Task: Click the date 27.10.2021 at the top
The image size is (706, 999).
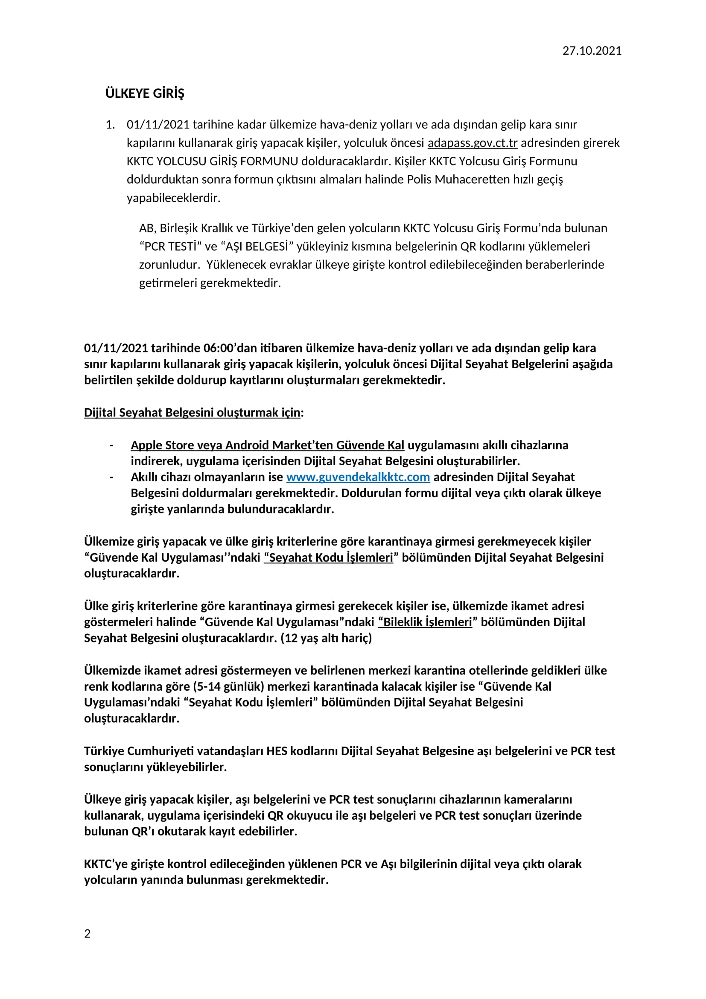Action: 592,51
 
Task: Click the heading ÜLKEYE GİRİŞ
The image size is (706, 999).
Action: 145,94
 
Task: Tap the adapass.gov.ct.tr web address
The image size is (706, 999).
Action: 473,143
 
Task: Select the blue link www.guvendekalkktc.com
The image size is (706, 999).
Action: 358,478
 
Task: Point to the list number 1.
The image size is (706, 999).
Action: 110,125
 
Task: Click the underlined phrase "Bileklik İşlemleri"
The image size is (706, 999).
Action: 425,622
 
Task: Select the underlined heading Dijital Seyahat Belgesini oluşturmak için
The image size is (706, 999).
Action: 192,413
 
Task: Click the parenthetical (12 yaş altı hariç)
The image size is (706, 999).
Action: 326,638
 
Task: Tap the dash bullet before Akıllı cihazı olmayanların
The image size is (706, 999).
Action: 112,478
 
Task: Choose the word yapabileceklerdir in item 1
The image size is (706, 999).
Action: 173,198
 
